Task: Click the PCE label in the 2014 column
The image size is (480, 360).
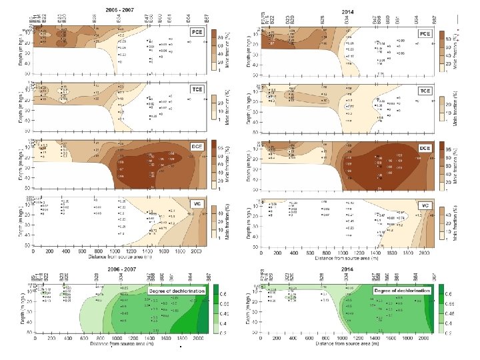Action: [x=424, y=33]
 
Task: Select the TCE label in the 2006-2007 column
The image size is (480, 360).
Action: [x=196, y=89]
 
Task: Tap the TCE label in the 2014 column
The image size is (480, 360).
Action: [x=424, y=90]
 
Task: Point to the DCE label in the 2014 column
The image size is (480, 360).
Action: [x=424, y=147]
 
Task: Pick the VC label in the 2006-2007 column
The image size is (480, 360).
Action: [x=197, y=203]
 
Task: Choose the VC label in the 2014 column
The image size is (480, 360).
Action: [x=425, y=205]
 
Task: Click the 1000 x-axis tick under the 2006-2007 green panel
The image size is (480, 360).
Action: [x=119, y=337]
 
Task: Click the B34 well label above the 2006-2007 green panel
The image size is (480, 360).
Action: [x=120, y=276]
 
